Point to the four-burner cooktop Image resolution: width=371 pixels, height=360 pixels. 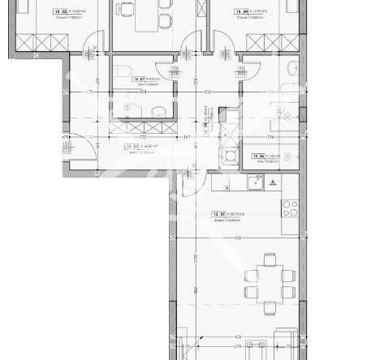[290, 209]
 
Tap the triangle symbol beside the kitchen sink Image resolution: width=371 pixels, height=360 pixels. [274, 183]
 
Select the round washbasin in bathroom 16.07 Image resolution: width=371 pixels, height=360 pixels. [160, 110]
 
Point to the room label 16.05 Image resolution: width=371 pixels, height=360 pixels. [133, 148]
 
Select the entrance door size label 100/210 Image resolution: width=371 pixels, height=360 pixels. [67, 147]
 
